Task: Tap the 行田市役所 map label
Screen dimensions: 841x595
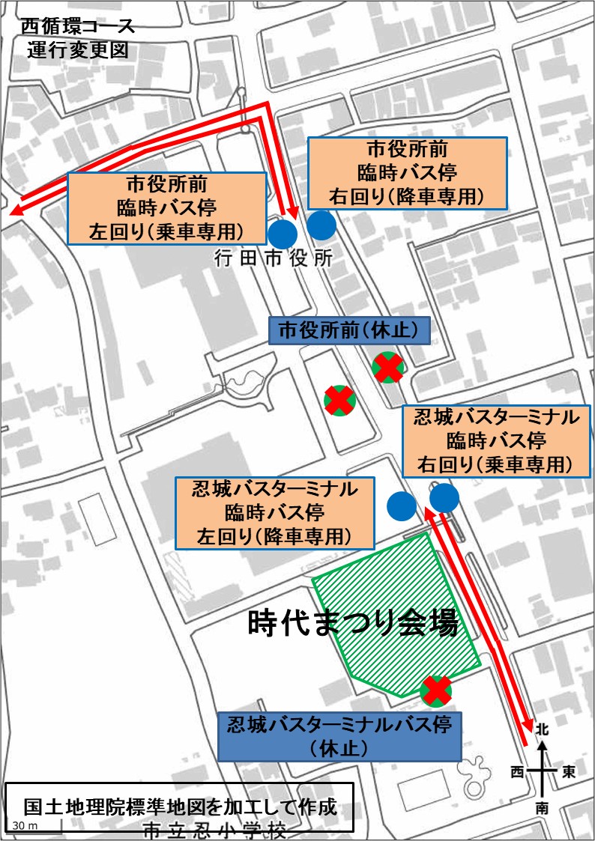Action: click(262, 258)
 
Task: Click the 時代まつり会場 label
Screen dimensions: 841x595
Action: click(352, 623)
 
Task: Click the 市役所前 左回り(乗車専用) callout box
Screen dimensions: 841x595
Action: click(167, 208)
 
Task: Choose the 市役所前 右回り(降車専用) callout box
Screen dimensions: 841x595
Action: click(408, 172)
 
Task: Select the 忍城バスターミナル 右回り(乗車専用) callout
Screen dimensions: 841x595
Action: click(497, 441)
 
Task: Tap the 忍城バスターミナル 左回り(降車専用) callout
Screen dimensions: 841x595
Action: click(274, 513)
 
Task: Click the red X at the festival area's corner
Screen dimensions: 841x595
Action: click(436, 691)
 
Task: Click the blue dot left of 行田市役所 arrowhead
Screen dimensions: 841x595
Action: click(283, 234)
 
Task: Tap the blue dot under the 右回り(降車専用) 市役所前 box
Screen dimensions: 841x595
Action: click(321, 225)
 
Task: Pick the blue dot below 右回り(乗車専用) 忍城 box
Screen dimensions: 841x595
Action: click(444, 497)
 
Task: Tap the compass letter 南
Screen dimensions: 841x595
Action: click(542, 809)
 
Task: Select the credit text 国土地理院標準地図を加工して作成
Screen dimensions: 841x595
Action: click(178, 807)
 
